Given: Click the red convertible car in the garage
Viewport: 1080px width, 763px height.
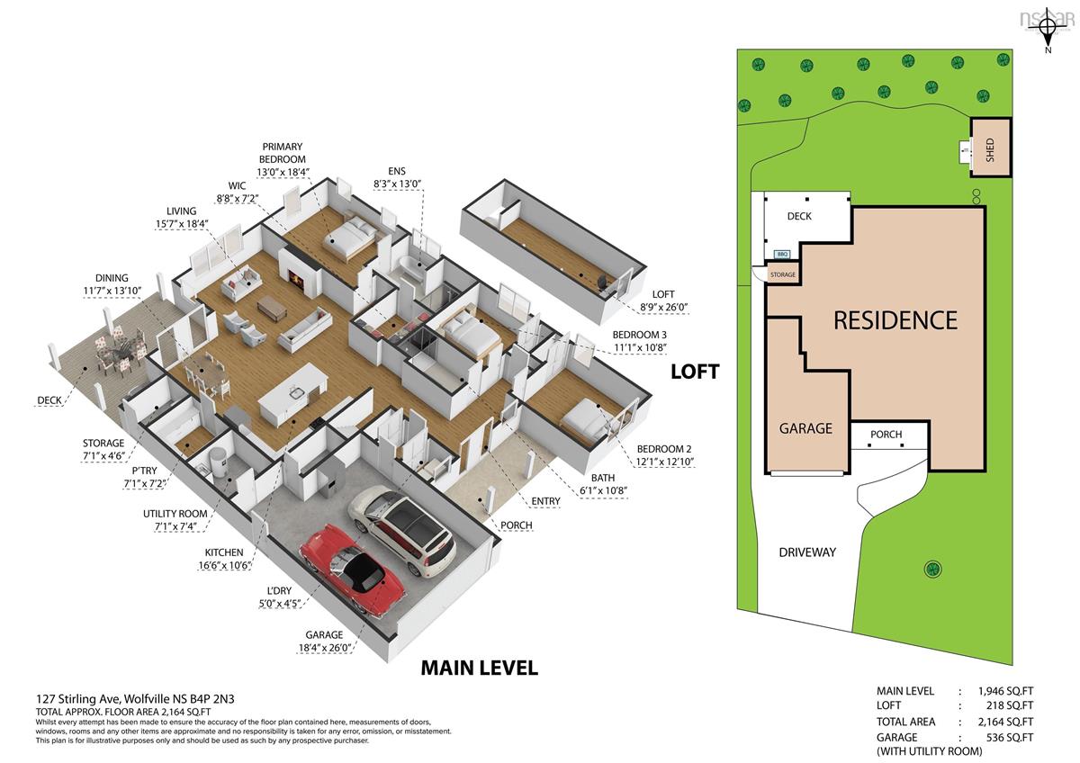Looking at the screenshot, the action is click(x=353, y=570).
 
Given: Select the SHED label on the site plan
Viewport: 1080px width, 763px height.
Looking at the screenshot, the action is click(x=990, y=150).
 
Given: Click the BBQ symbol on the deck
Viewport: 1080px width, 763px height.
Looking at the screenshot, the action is click(x=782, y=254).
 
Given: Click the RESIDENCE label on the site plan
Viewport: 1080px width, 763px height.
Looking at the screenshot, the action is click(x=895, y=320).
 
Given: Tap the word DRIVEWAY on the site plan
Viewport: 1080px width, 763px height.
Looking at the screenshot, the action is click(x=807, y=552).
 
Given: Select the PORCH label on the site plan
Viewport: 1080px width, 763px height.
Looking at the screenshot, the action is click(x=886, y=435).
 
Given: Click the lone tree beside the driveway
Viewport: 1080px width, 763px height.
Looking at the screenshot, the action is click(x=933, y=569).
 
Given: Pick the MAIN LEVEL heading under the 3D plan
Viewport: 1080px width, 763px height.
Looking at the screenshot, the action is click(x=479, y=668).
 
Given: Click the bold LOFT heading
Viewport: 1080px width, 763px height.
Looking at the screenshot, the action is click(x=695, y=372).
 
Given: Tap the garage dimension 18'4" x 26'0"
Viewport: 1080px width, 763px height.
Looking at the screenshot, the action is click(x=325, y=648).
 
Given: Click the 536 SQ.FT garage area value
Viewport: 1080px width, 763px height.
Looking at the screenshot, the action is click(x=1010, y=738).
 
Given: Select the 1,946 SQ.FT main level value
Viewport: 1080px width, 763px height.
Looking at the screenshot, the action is click(x=1006, y=691).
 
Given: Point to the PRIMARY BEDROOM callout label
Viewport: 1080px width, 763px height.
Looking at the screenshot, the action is click(x=283, y=153).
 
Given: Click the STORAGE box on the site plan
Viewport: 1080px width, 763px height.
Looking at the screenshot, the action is click(x=782, y=274).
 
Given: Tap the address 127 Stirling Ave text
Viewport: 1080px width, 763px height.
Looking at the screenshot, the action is click(x=79, y=699).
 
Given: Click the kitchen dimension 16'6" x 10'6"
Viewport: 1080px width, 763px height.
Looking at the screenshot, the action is click(x=224, y=565).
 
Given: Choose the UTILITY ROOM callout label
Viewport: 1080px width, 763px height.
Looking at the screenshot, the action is click(x=175, y=514).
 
